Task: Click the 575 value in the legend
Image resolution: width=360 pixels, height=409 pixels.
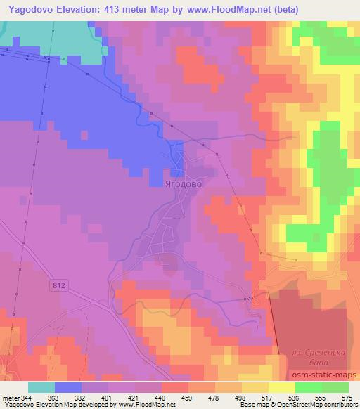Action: coord(347,398)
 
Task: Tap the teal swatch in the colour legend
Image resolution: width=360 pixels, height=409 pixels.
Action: coord(41,388)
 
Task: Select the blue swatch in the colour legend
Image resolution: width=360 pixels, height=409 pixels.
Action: coord(68,388)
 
